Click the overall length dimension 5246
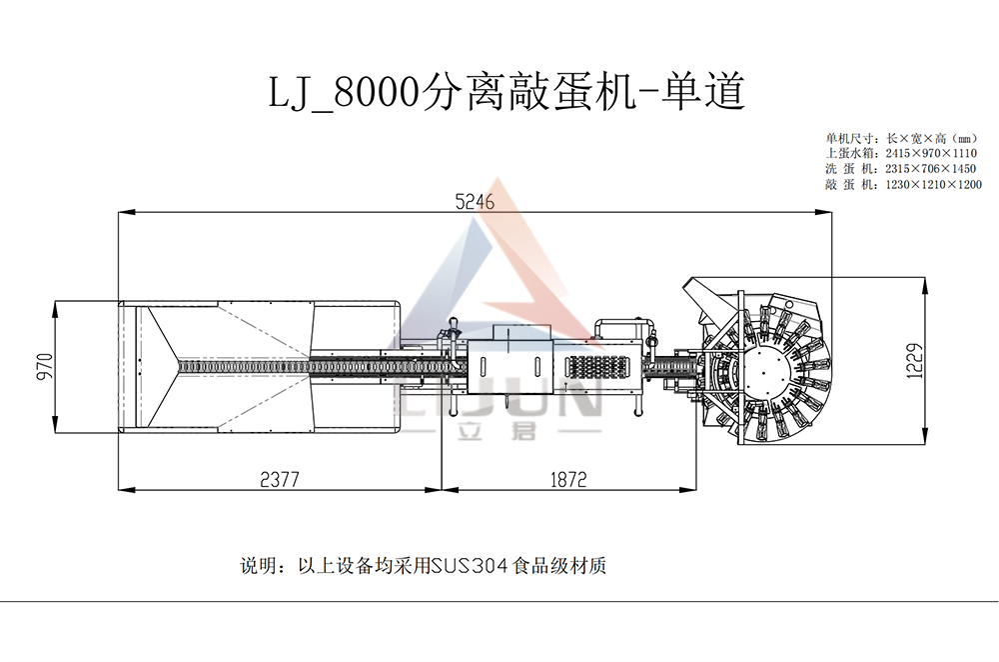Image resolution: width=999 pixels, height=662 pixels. pyautogui.click(x=475, y=202)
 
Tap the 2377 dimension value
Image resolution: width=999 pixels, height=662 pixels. pyautogui.click(x=279, y=479)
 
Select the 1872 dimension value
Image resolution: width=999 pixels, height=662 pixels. pyautogui.click(x=568, y=479)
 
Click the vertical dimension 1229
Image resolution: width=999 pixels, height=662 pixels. pyautogui.click(x=915, y=361)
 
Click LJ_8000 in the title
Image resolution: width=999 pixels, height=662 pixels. pyautogui.click(x=344, y=93)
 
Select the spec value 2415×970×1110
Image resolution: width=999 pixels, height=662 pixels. pyautogui.click(x=931, y=153)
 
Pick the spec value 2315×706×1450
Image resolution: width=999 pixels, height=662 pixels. pyautogui.click(x=931, y=169)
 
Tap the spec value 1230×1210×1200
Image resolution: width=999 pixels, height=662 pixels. pyautogui.click(x=933, y=185)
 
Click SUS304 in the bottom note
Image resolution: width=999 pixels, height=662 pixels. pyautogui.click(x=469, y=566)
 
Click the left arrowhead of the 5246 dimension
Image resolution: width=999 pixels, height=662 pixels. pyautogui.click(x=126, y=212)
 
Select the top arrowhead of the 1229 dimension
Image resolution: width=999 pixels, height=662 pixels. pyautogui.click(x=925, y=285)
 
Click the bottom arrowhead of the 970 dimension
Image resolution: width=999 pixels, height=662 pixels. pyautogui.click(x=55, y=425)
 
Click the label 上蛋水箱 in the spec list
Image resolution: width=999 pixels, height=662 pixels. pyautogui.click(x=845, y=153)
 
